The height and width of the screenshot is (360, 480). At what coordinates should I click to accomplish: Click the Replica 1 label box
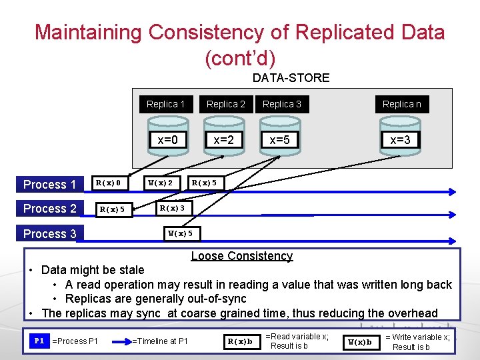166,104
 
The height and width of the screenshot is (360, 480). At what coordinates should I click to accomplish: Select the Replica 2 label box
226,104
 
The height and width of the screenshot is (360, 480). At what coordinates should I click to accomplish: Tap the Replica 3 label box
282,104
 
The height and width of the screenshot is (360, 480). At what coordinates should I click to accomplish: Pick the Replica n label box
401,104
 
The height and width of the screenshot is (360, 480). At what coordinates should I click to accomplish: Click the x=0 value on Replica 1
167,140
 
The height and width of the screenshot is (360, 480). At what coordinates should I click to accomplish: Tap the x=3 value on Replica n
400,140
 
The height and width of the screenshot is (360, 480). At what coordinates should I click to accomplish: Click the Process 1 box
50,185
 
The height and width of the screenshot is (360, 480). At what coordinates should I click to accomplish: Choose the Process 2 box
50,209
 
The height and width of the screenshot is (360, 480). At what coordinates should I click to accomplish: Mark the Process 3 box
50,233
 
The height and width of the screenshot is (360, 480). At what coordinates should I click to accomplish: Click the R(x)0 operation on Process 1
108,183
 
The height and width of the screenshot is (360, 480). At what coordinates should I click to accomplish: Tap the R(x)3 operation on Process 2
171,209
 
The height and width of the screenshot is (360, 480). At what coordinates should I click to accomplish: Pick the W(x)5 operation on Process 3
180,233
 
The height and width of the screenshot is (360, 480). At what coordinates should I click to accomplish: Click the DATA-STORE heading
291,78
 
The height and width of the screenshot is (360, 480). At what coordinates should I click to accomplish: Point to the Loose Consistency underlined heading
241,256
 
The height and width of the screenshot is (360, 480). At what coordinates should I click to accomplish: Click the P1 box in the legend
39,341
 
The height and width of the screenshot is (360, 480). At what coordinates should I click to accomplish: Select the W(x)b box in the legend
361,342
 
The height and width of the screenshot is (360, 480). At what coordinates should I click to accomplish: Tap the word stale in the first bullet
131,270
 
